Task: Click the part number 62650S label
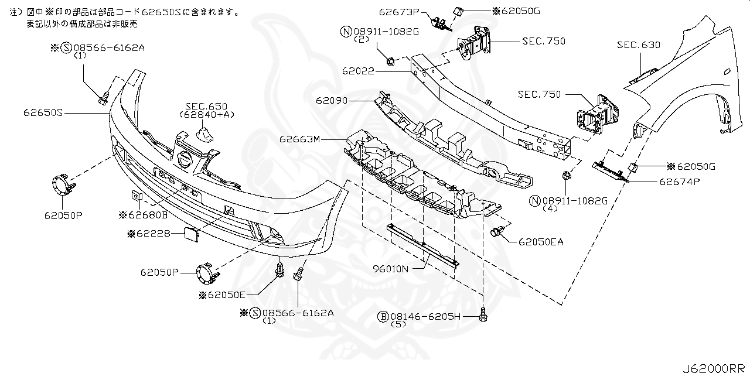(x=43, y=111)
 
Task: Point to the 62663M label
(x=300, y=139)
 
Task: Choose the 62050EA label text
(x=540, y=241)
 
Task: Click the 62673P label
(x=400, y=11)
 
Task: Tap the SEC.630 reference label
(x=639, y=45)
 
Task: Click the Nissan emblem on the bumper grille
(x=185, y=159)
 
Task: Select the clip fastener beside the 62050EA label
(x=498, y=232)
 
